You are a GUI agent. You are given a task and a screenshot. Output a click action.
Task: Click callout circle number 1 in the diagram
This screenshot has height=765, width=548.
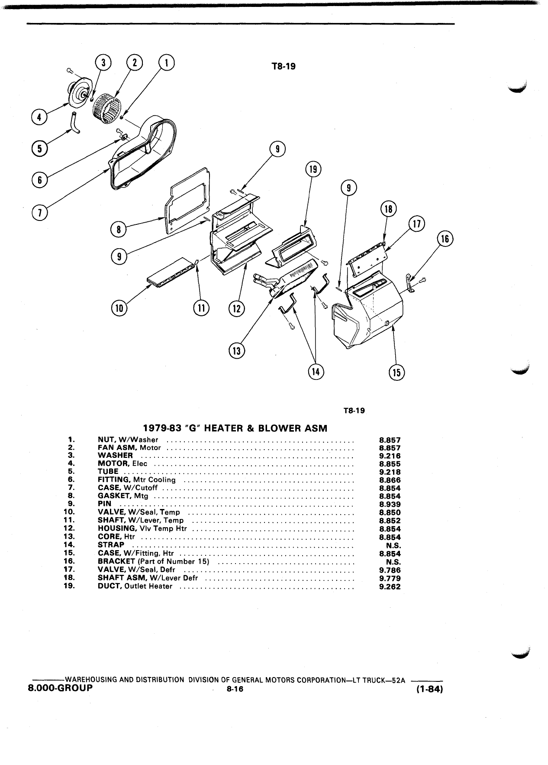tap(167, 63)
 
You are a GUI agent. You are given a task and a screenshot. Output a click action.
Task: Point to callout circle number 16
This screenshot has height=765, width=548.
tap(445, 239)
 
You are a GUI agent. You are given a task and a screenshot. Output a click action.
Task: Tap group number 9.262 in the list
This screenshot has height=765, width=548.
tap(390, 587)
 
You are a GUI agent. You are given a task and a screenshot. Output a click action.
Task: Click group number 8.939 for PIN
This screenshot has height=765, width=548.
tap(390, 504)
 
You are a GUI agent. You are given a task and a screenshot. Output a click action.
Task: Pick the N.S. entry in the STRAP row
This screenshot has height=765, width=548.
tap(393, 545)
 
